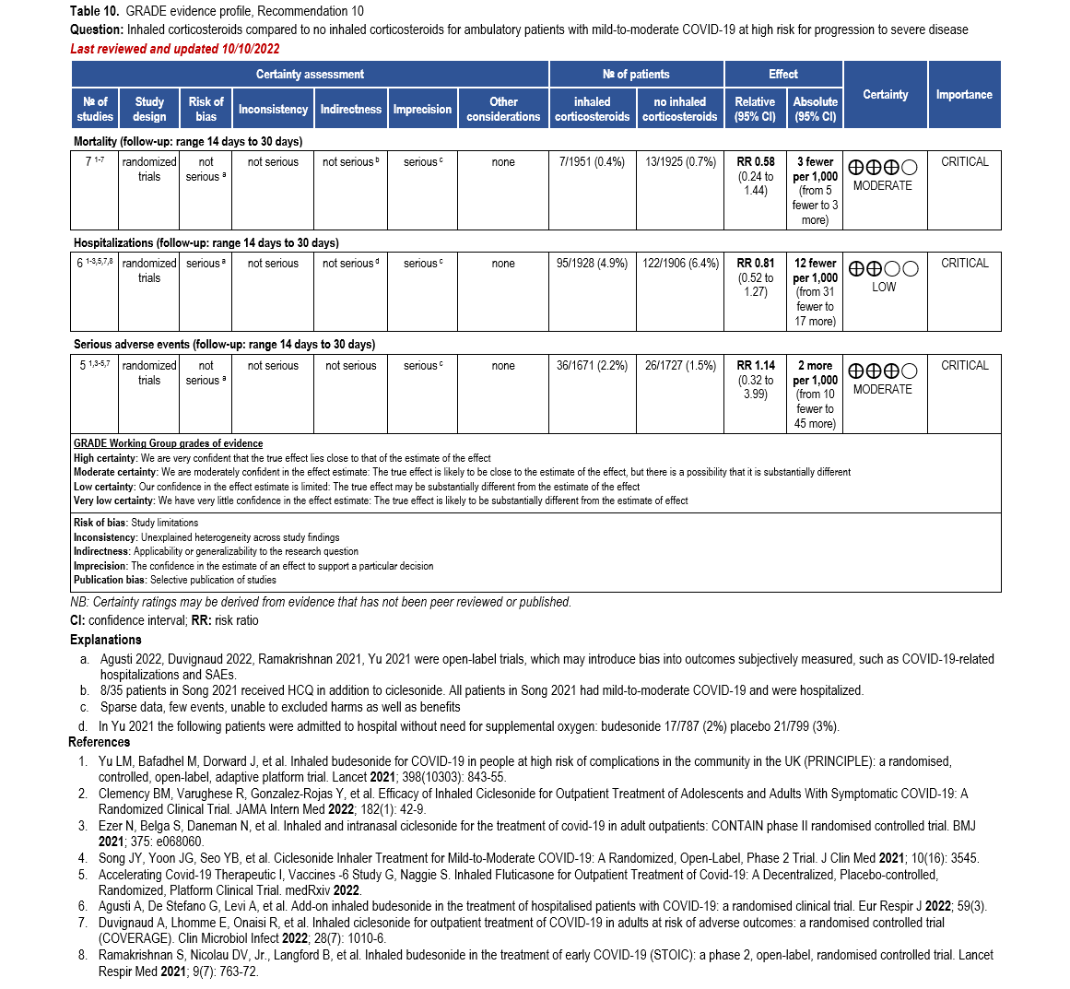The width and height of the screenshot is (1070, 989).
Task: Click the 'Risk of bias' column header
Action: pyautogui.click(x=206, y=109)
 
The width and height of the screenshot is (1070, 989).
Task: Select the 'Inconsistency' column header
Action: pyautogui.click(x=273, y=109)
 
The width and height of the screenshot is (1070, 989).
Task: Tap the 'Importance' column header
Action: pyautogui.click(x=964, y=94)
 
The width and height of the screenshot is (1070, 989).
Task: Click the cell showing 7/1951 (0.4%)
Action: pyautogui.click(x=592, y=162)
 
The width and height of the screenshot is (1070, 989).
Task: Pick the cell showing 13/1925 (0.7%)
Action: pyautogui.click(x=680, y=162)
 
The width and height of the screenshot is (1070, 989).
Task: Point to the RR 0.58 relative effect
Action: pyautogui.click(x=756, y=162)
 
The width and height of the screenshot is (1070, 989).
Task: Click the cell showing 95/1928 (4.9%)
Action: pyautogui.click(x=592, y=264)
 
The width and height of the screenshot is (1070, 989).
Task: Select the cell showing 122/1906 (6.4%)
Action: pyautogui.click(x=680, y=264)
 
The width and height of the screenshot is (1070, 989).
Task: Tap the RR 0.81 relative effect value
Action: pyautogui.click(x=756, y=264)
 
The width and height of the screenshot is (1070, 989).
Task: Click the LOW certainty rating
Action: pyautogui.click(x=883, y=287)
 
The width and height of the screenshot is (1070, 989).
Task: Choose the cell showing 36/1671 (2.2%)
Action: pyautogui.click(x=592, y=366)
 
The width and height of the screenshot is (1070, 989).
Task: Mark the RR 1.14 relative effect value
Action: pyautogui.click(x=756, y=366)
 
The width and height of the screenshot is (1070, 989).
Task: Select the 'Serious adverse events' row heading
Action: pyautogui.click(x=224, y=345)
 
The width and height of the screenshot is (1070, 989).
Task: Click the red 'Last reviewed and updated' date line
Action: pyautogui.click(x=175, y=48)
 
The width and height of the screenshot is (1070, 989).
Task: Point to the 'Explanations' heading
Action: pyautogui.click(x=106, y=640)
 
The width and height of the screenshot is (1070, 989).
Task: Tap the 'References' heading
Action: pyautogui.click(x=100, y=742)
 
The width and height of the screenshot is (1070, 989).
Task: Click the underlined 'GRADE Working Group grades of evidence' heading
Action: pyautogui.click(x=168, y=443)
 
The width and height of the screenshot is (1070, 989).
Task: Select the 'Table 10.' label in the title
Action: pyautogui.click(x=95, y=11)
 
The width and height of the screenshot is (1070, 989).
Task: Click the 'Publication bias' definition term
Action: pyautogui.click(x=110, y=580)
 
